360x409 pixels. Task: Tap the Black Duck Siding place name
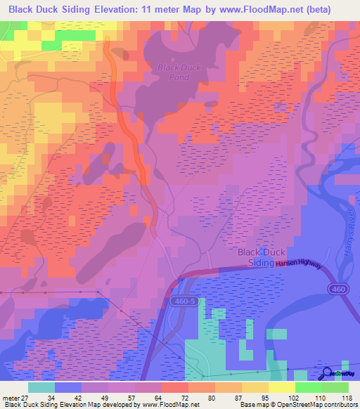pos(262,257)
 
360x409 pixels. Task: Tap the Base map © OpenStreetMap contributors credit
pos(299,404)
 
